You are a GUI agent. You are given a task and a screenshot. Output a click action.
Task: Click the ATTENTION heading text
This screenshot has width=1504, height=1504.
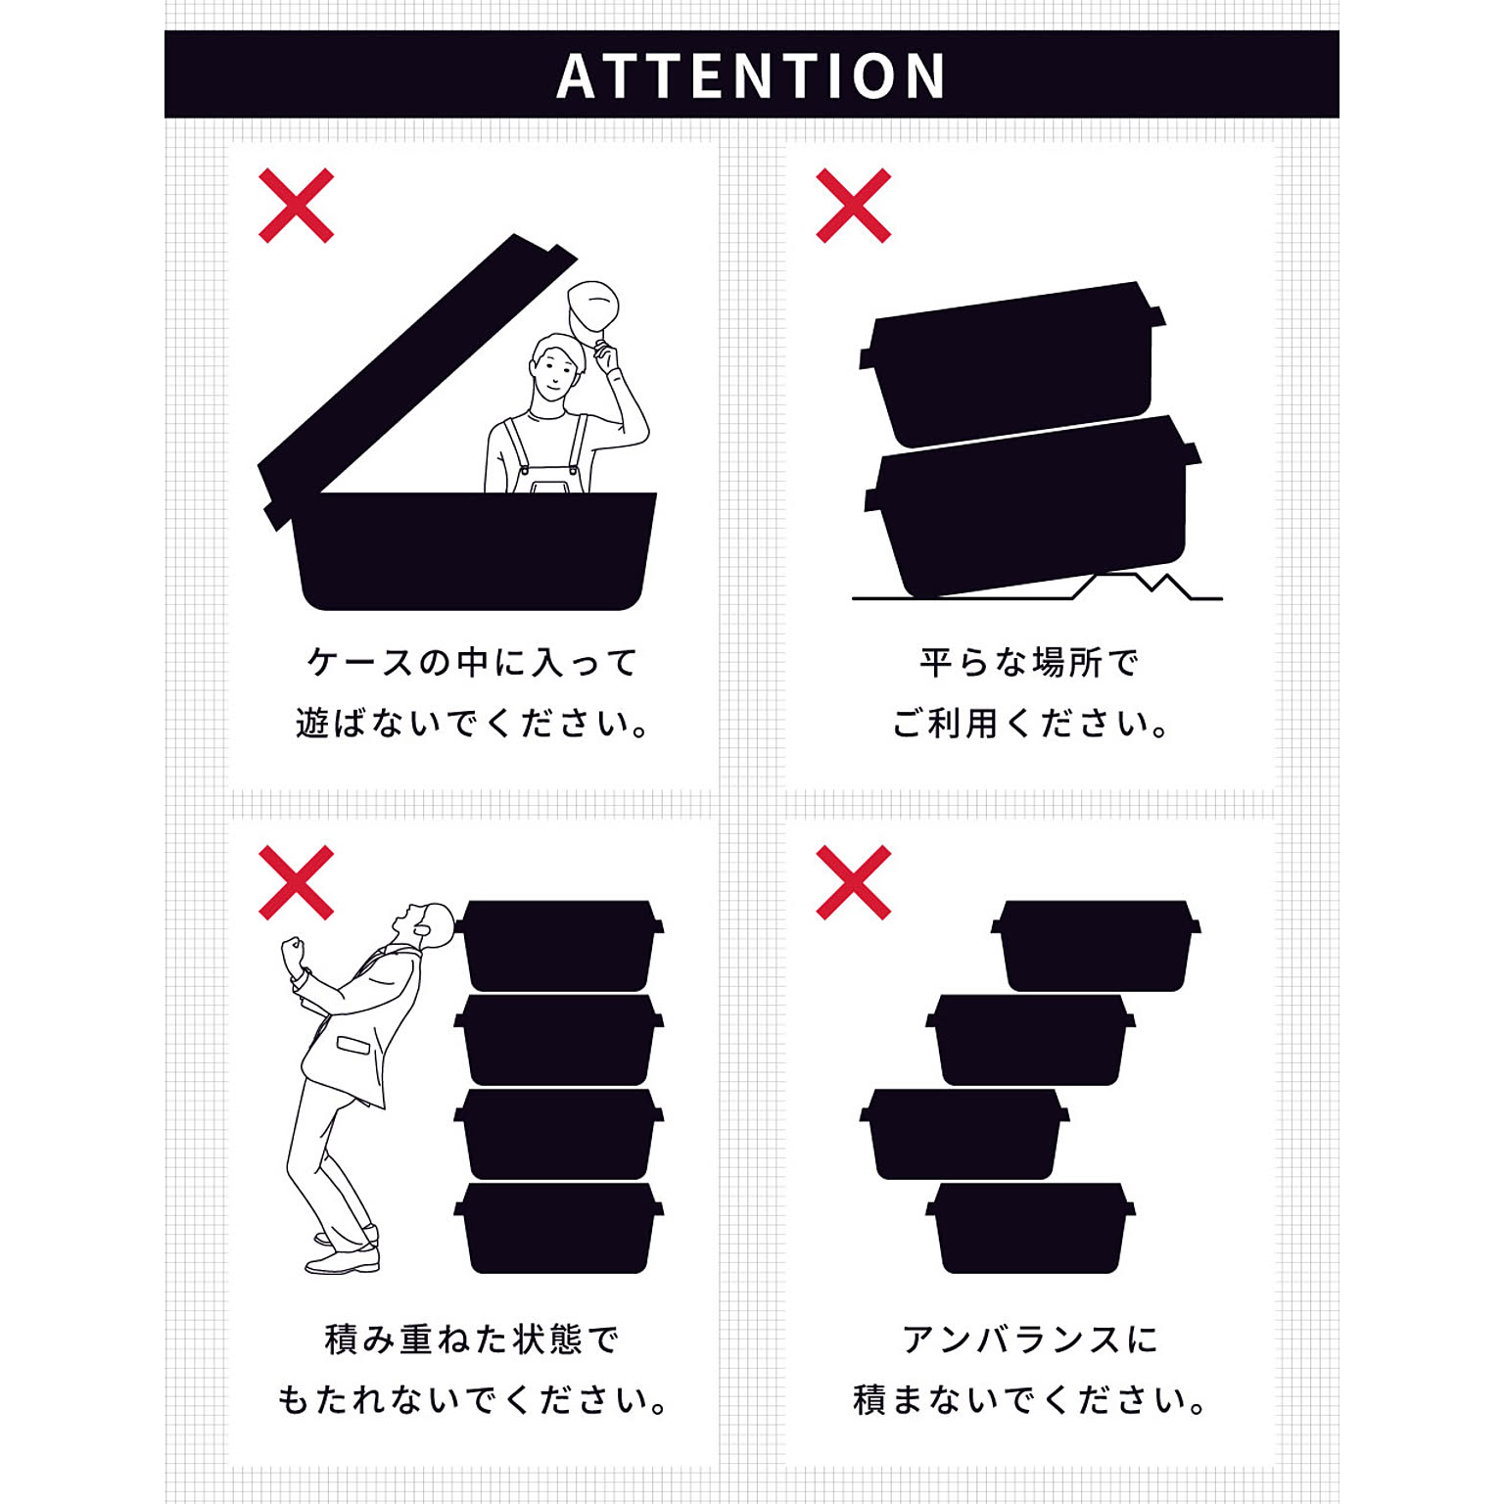click(x=751, y=75)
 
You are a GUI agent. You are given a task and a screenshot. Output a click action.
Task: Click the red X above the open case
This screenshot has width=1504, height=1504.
click(x=296, y=206)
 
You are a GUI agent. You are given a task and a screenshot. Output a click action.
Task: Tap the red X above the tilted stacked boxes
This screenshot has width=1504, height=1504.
click(x=853, y=206)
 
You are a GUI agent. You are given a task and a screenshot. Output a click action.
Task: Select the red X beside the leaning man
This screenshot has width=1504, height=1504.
click(x=296, y=882)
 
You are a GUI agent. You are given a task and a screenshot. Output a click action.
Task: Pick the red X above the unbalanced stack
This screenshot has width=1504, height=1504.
click(x=853, y=882)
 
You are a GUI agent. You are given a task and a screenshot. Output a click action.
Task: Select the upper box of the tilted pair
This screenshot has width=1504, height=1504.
click(x=1012, y=364)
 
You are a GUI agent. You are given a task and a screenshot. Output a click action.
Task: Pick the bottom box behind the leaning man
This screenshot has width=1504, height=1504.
click(x=559, y=1228)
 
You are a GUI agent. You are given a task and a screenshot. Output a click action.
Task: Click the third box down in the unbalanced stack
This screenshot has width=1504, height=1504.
click(x=964, y=1134)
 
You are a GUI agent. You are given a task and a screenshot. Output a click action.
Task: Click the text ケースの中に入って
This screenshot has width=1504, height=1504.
click(x=473, y=663)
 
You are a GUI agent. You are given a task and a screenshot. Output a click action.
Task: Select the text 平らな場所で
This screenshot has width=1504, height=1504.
click(x=1029, y=663)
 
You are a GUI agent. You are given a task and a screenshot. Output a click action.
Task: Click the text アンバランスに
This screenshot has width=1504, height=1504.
click(x=1029, y=1339)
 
